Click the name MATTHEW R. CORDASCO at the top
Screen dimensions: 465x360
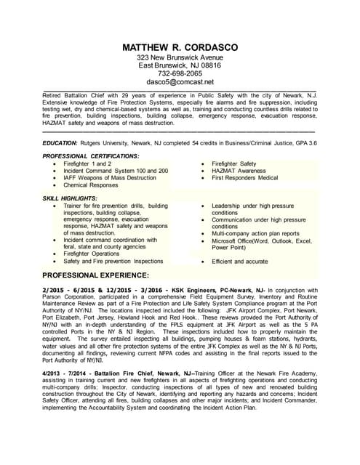[x=180, y=47]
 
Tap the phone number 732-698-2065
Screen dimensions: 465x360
[x=180, y=73]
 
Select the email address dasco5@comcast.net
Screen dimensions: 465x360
[x=180, y=82]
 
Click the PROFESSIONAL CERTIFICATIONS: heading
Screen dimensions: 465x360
[x=90, y=156]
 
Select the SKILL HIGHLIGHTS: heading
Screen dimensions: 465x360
[x=70, y=198]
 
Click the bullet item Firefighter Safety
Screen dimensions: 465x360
[x=233, y=164]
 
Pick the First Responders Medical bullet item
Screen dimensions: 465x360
[x=244, y=178]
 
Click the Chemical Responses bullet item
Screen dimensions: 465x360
[x=91, y=185]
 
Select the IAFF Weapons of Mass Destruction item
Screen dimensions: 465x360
[x=110, y=178]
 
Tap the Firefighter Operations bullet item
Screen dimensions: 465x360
[x=92, y=254]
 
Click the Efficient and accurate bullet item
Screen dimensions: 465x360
[x=239, y=261]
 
